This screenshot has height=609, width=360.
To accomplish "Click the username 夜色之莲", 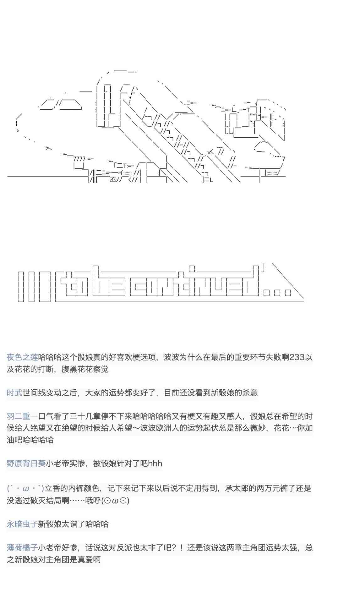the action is pos(22,357).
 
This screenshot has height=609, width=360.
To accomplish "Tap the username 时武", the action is pos(14,393).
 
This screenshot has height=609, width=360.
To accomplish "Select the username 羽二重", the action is pos(19,416).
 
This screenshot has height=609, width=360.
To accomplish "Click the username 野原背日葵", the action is pos(26,464).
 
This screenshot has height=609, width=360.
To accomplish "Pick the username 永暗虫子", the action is pos(22,524).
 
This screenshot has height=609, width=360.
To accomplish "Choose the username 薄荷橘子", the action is pos(22,548).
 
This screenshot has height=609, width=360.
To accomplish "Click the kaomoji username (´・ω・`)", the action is pos(25,488).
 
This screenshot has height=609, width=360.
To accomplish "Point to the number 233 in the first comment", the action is pos(297,357).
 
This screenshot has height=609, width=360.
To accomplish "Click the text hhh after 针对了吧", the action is pos(155,464).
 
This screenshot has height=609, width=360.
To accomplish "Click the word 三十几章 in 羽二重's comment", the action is pos(85,416).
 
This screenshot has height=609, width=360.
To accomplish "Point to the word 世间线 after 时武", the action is pos(34,393).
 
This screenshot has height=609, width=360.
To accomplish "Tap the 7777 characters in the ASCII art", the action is pos(79,159).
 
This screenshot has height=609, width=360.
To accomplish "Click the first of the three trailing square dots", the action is pos(267,293).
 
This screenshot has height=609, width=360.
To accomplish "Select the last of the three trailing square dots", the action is pos(288,293).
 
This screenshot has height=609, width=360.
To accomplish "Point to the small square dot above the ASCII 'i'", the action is pos(192,269).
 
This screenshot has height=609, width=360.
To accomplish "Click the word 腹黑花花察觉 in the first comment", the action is pos(85,369).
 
